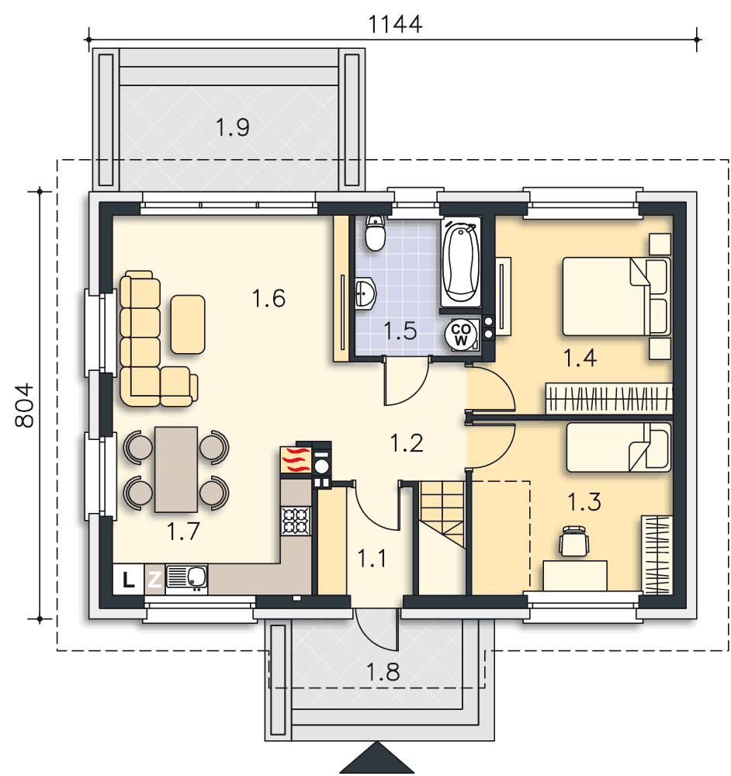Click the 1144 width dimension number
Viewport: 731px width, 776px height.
396,24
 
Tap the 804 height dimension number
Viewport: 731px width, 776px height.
24,405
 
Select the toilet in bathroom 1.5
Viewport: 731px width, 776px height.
375,233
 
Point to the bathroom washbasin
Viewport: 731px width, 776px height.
365,293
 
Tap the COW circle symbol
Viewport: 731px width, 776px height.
460,334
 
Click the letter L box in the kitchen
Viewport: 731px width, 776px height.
128,579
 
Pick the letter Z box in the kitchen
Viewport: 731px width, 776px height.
154,579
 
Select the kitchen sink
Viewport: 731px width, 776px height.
186,579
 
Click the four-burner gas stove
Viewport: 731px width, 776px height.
296,521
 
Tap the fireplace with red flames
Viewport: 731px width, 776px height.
296,459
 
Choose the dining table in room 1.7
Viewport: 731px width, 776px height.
176,469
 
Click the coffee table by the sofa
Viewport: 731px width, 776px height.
188,324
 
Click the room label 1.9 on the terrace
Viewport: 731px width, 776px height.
232,127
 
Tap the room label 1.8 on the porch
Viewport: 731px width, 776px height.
383,672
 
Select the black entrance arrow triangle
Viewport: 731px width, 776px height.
377,758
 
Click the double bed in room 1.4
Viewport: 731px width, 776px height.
617,296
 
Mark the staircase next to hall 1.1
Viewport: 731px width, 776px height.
442,514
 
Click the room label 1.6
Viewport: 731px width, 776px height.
268,299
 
